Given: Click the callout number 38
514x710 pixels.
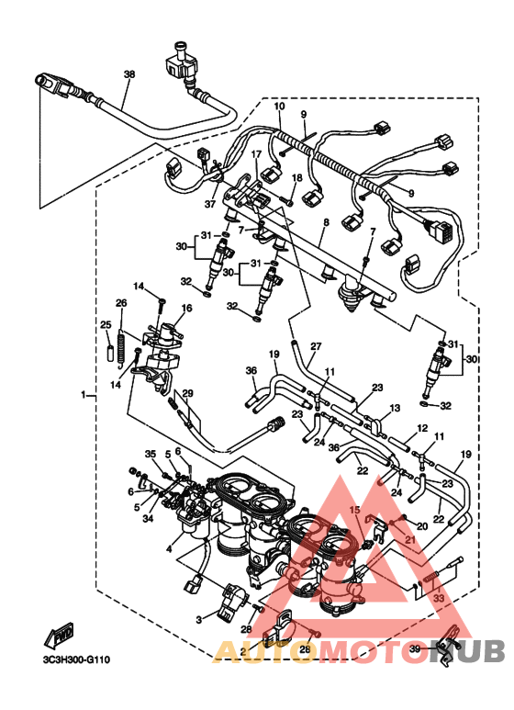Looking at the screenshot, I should [x=128, y=73].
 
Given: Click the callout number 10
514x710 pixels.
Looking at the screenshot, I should [x=280, y=107].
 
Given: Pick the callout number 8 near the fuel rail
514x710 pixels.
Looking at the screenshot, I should [x=324, y=223].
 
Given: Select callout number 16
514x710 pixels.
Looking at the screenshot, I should [x=186, y=310].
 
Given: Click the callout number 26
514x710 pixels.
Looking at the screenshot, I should [x=120, y=303].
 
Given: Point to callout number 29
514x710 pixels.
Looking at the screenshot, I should [x=188, y=394].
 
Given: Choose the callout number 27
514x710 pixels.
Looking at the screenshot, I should [x=315, y=346].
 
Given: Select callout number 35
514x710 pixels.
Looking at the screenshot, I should [x=151, y=453].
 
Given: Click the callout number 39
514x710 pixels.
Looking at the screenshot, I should [x=414, y=649].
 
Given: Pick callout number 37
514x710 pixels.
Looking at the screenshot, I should [x=210, y=204].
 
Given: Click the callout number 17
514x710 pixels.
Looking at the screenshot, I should [x=257, y=154].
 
